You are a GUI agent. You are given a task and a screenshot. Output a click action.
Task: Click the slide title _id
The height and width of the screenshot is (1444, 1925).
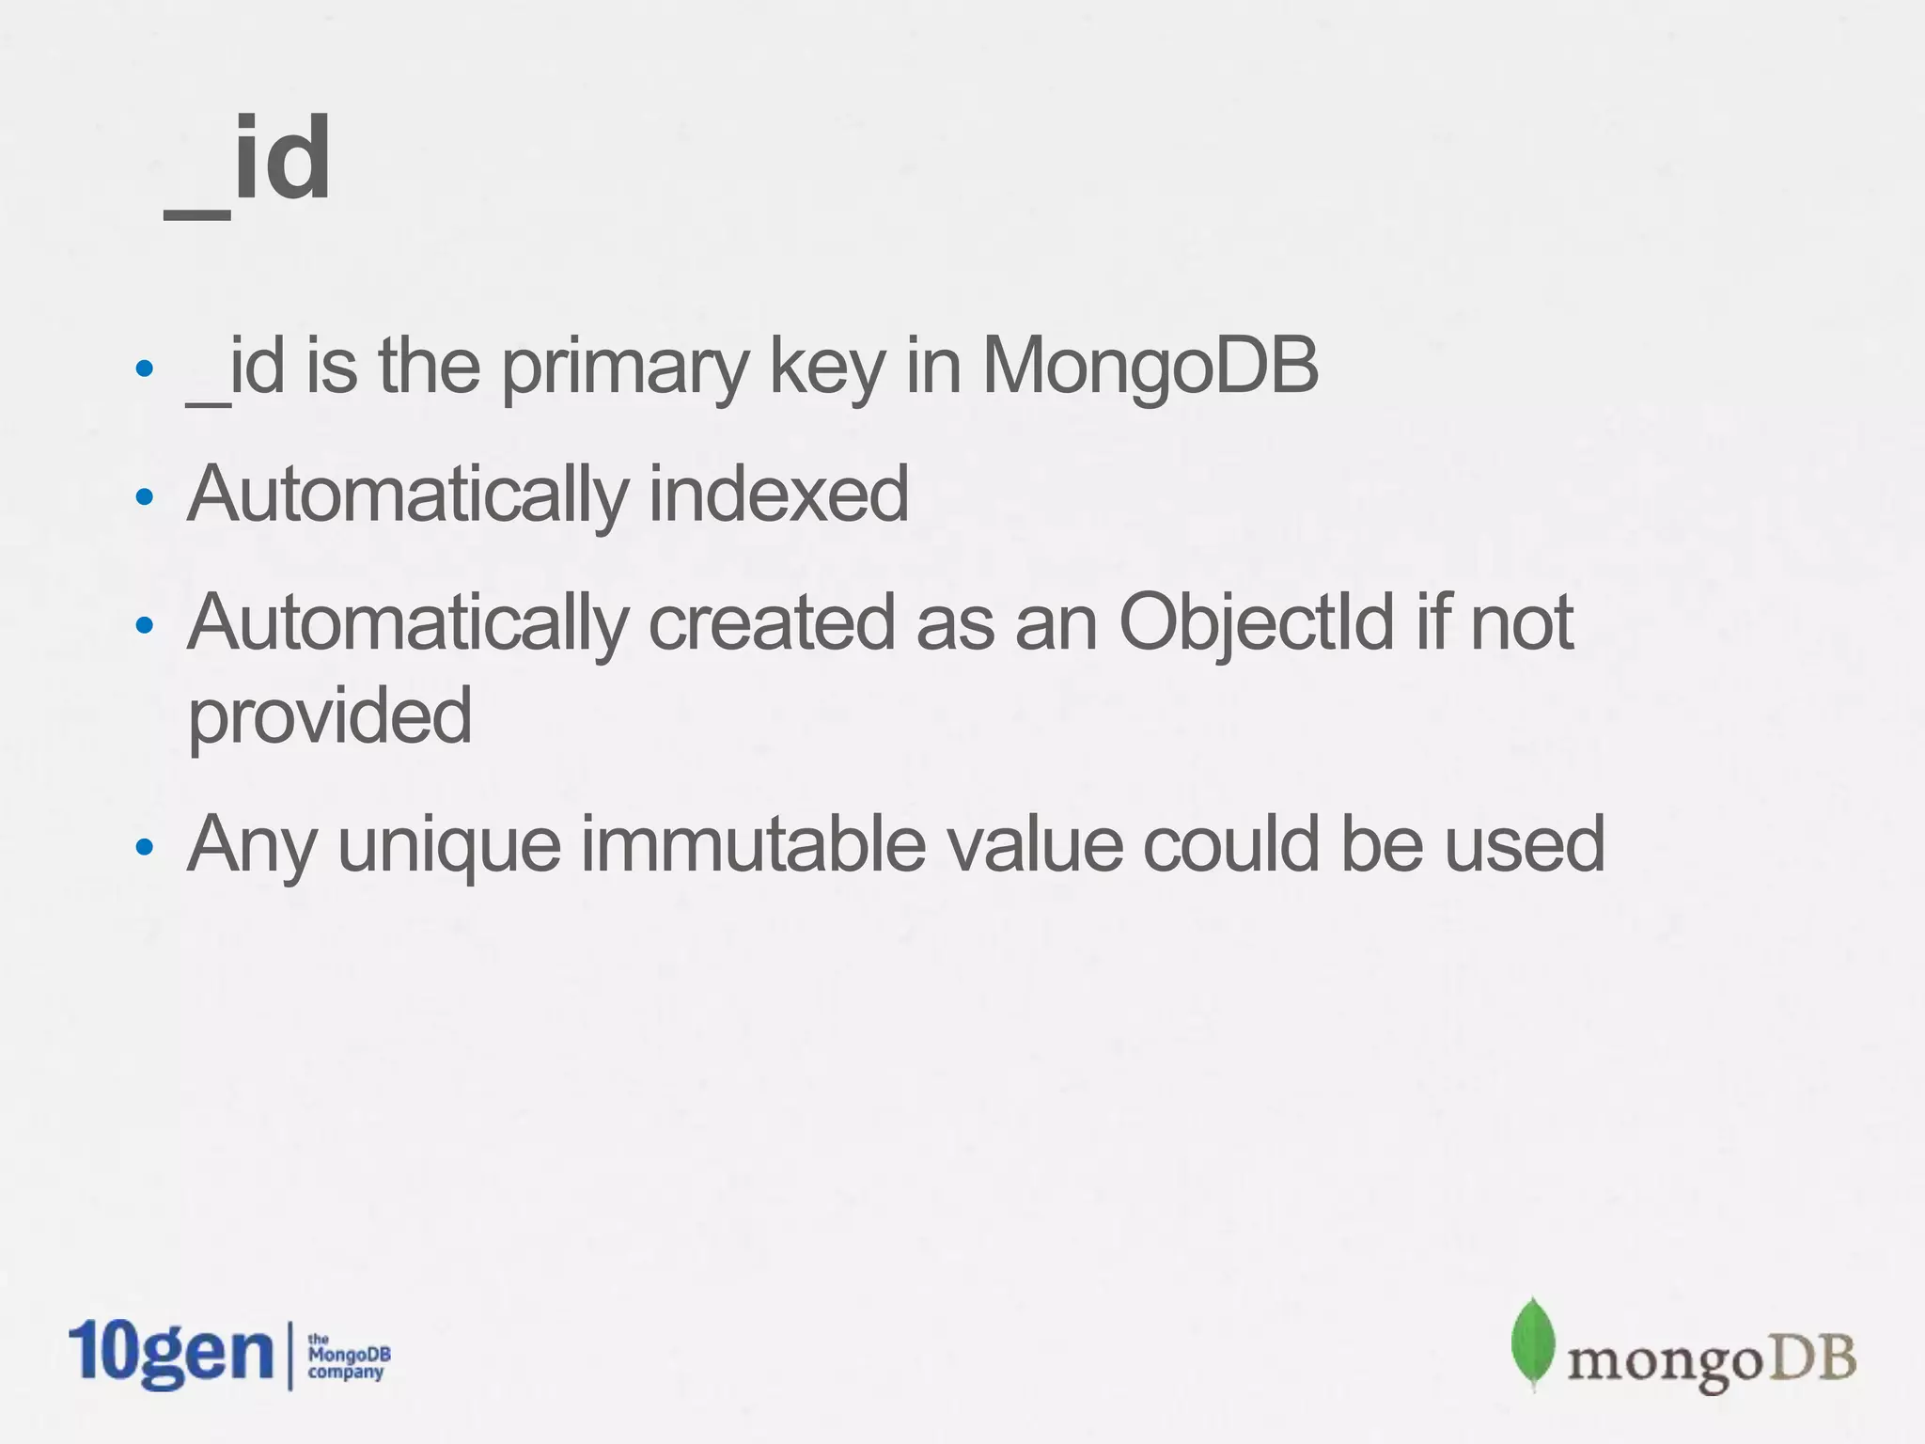click(248, 160)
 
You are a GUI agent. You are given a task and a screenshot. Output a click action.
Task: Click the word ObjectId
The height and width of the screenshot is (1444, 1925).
click(1256, 622)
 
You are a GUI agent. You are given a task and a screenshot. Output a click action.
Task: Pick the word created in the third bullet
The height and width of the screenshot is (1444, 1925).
click(771, 622)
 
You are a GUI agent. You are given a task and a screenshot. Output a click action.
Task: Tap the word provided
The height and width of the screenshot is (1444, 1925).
click(330, 716)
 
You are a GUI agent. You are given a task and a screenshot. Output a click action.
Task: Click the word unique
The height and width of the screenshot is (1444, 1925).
click(449, 844)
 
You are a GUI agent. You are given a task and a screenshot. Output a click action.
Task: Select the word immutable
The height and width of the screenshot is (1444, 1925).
click(752, 844)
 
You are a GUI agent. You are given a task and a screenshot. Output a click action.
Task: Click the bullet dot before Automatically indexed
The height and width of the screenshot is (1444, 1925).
click(144, 497)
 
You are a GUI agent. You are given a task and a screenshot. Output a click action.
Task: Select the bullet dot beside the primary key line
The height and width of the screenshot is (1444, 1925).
click(144, 369)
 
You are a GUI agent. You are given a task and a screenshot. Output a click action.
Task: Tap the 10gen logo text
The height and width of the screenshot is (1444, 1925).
click(170, 1354)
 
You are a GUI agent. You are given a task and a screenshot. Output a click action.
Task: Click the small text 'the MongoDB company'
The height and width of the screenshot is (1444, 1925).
click(348, 1356)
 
